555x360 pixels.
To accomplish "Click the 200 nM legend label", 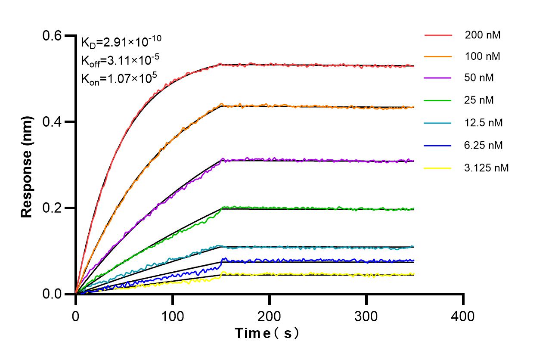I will click(483, 35).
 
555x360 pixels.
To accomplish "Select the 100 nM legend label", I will click(483, 56).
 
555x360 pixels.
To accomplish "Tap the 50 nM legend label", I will click(479, 78).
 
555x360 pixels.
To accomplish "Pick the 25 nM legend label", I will click(479, 100).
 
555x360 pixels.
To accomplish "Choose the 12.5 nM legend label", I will click(484, 123).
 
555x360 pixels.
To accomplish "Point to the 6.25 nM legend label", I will click(484, 145).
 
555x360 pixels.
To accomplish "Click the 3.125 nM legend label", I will click(487, 168).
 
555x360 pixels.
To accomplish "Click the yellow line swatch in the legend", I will click(438, 168).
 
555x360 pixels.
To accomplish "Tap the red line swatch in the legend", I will click(438, 35).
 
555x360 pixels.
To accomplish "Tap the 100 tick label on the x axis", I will click(172, 317).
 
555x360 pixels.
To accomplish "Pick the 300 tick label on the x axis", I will click(366, 317).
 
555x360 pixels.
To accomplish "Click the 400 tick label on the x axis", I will click(463, 317).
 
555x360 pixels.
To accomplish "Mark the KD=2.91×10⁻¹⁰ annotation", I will click(121, 42).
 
